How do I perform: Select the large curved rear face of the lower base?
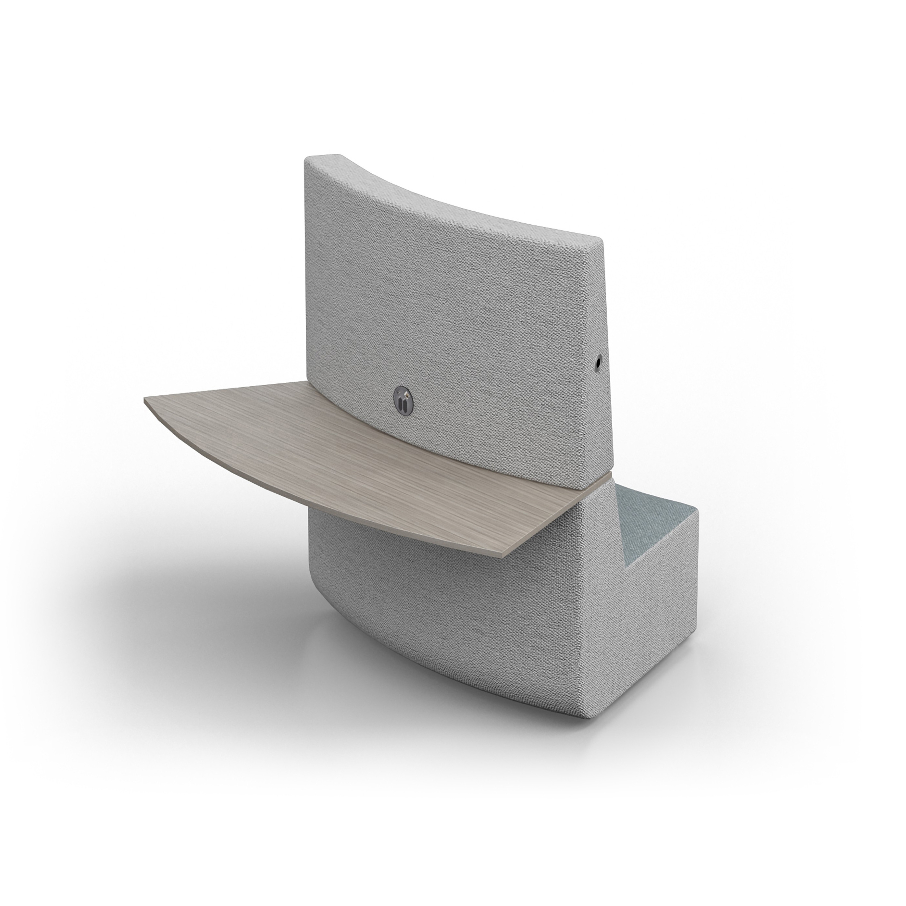(x=445, y=624)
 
